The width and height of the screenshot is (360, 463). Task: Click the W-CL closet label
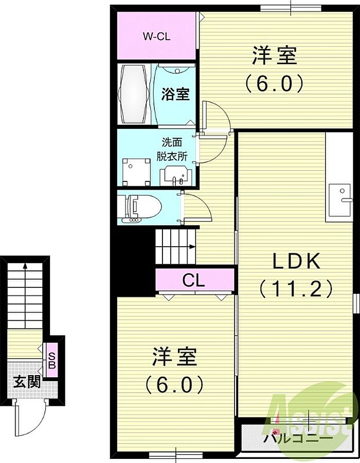point(157,36)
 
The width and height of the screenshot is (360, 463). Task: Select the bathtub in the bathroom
point(134,94)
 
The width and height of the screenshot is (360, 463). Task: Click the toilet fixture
point(140,207)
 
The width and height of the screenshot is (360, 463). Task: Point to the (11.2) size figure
point(296,288)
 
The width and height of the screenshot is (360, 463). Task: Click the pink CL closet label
point(193,280)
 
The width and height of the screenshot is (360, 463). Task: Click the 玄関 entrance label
point(27,383)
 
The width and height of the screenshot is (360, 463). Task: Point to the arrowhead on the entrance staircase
point(25,266)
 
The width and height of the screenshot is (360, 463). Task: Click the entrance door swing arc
point(35,424)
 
